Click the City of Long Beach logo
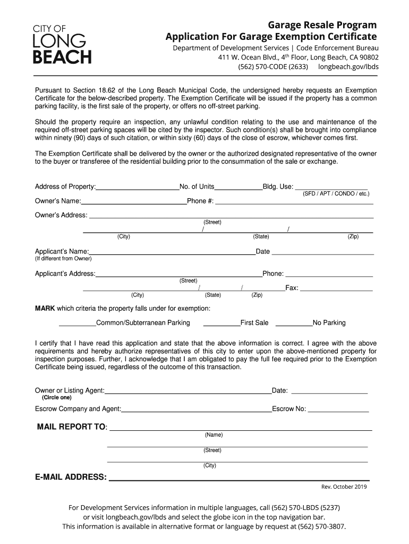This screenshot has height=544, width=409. coord(63,45)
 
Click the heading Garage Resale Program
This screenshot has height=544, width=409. coord(322,25)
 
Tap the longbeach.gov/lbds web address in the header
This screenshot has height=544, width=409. coord(348,67)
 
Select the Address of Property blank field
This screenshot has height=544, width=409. coord(138,186)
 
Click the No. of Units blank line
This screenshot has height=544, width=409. coord(238,186)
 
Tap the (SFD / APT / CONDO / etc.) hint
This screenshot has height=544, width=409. coord(336,194)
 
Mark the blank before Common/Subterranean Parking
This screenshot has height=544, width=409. coord(77,322)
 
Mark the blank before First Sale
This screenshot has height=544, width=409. coord(221,322)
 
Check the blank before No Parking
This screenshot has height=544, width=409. coord(294,322)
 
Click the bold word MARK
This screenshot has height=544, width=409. coord(45,309)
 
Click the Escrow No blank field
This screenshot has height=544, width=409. coord(338,409)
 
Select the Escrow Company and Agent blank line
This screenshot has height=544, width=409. coord(197,409)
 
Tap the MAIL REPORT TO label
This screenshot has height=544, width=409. coord(72,428)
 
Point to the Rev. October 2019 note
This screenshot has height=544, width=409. coord(344,487)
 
